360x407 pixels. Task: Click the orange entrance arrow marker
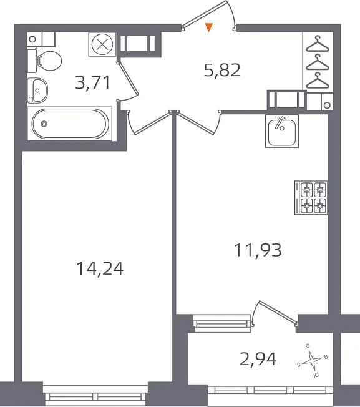[x=209, y=27]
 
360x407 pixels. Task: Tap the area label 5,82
[x=222, y=70]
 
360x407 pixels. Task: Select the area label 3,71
[x=92, y=82]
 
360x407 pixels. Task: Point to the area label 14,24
[x=100, y=268]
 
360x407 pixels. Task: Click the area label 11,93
[x=258, y=250]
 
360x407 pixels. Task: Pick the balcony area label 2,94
[x=258, y=359]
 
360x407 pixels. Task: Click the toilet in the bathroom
[x=45, y=61]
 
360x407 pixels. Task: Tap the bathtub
[x=70, y=124]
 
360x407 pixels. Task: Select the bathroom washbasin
[x=37, y=90]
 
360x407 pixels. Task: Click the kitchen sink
[x=281, y=131]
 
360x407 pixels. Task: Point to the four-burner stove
[x=311, y=197]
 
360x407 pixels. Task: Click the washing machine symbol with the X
[x=102, y=44]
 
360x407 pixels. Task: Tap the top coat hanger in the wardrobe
[x=318, y=44]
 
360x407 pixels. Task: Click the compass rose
[x=313, y=360]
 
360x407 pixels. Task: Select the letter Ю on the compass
[x=316, y=375]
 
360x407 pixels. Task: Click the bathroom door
[x=129, y=82]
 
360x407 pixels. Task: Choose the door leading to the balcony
[x=275, y=313]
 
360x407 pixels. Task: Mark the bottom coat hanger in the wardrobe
[x=318, y=80]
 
